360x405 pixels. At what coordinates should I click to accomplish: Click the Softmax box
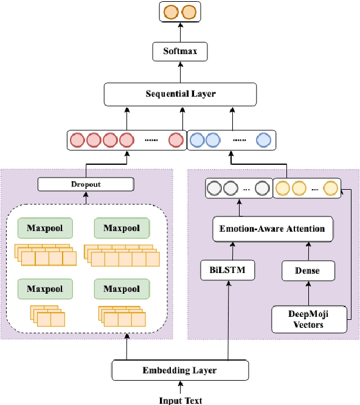[x=180, y=52]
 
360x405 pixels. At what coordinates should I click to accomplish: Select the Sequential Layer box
[x=180, y=94]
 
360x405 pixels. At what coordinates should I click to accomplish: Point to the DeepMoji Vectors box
[x=310, y=319]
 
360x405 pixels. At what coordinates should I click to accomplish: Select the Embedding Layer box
[x=180, y=370]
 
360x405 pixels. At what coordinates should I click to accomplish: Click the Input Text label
[x=180, y=400]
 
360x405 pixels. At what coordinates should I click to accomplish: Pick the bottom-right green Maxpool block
[x=122, y=289]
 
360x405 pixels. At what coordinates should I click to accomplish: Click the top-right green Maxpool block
[x=122, y=229]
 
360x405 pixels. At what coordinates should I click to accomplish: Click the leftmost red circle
[x=78, y=141]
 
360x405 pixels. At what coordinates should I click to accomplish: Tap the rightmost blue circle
[x=263, y=141]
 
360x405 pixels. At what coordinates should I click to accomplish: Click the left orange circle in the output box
[x=171, y=12]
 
